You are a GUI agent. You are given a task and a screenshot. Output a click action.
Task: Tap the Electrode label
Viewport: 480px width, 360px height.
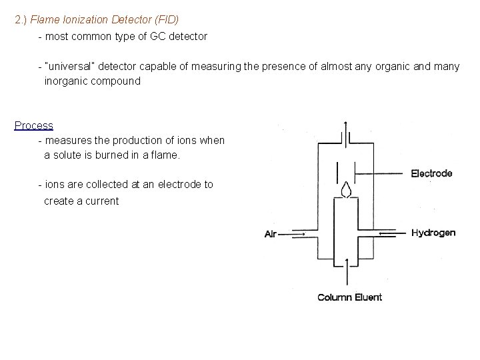click(431, 174)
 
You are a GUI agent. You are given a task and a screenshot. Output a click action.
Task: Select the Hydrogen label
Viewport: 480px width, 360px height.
click(433, 233)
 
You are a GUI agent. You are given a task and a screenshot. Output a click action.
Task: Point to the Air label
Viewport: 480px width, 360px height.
click(271, 234)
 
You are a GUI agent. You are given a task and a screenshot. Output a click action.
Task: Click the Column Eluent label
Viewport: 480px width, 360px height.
click(349, 297)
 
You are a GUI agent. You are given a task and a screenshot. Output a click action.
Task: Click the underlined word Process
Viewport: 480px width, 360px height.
click(34, 125)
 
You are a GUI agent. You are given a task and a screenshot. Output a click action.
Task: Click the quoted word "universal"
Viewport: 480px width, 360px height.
click(69, 67)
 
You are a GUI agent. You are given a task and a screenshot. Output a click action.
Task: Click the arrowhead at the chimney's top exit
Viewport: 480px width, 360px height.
click(345, 125)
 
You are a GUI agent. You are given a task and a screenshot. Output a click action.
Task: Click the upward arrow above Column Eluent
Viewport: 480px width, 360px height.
click(345, 269)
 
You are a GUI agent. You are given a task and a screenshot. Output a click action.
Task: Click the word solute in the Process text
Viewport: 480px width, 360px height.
click(69, 155)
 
